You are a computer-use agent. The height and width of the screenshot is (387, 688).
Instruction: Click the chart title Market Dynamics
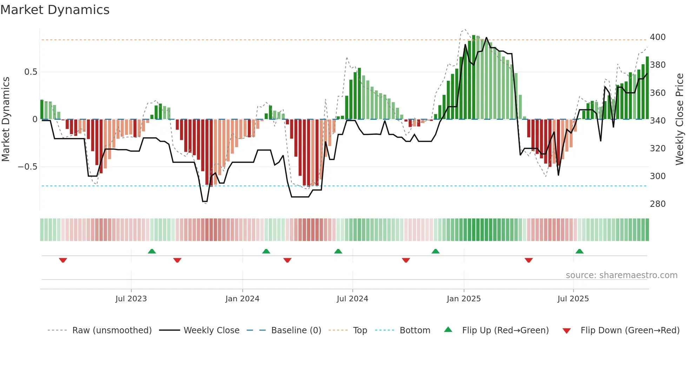pyautogui.click(x=55, y=10)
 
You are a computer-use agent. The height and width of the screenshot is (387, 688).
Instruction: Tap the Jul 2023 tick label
pyautogui.click(x=131, y=299)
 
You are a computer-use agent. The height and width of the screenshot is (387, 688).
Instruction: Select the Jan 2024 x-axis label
pyautogui.click(x=242, y=299)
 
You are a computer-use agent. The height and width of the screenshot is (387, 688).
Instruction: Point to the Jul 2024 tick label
pyautogui.click(x=352, y=299)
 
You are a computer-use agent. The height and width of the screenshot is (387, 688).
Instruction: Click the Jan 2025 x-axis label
pyautogui.click(x=464, y=299)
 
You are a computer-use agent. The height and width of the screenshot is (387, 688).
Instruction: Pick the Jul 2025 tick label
pyautogui.click(x=573, y=299)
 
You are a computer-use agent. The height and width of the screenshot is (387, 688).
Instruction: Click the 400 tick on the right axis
pyautogui.click(x=657, y=37)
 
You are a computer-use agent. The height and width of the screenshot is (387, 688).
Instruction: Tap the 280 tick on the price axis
pyautogui.click(x=657, y=204)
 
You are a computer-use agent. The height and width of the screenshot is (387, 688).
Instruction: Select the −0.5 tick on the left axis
pyautogui.click(x=28, y=167)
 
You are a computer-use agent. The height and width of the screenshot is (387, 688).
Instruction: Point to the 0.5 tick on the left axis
pyautogui.click(x=31, y=72)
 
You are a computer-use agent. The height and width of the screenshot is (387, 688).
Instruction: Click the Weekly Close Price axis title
pyautogui.click(x=680, y=119)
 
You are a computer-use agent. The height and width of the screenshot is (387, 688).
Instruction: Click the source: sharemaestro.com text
pyautogui.click(x=621, y=275)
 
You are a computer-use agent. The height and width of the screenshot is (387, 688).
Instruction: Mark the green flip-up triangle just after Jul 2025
pyautogui.click(x=580, y=251)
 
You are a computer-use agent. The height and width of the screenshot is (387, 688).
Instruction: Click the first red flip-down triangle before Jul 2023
pyautogui.click(x=63, y=260)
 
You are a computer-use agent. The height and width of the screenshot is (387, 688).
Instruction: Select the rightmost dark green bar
pyautogui.click(x=647, y=88)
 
